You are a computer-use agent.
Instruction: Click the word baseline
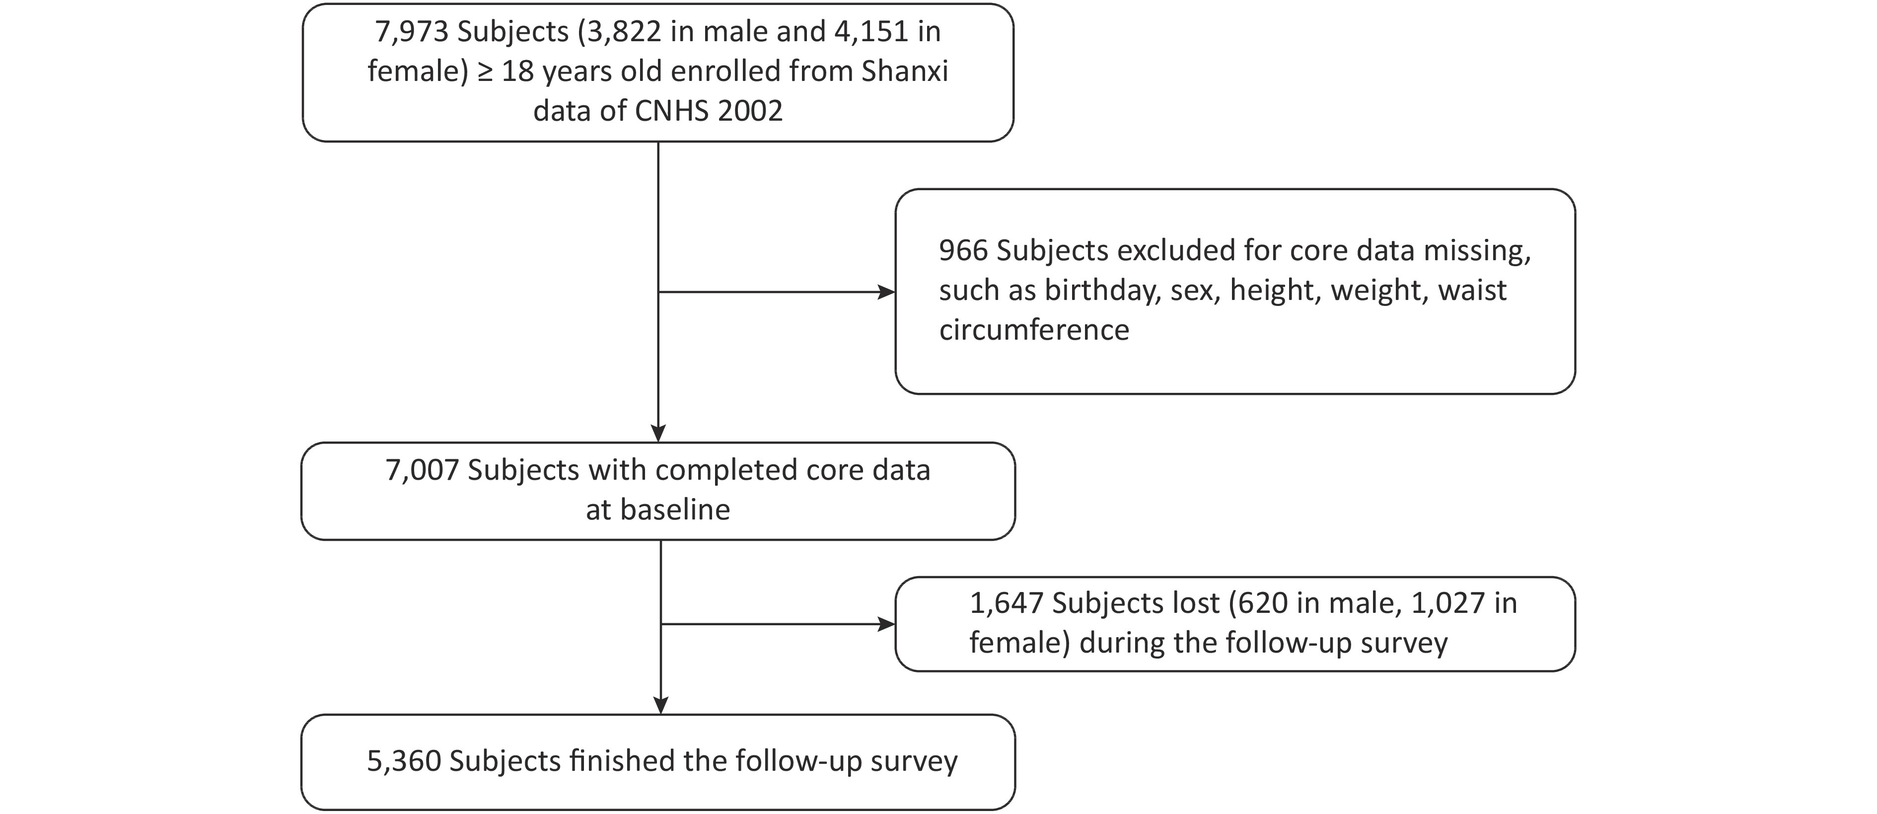click(675, 510)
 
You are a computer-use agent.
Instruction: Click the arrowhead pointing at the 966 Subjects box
click(887, 292)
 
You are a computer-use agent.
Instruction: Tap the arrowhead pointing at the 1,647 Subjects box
click(887, 624)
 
